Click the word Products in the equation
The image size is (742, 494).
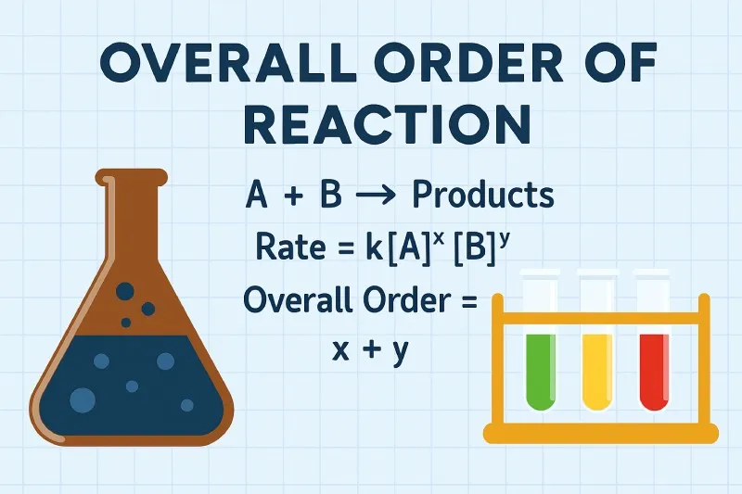[x=482, y=196]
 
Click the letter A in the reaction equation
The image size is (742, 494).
[x=257, y=196]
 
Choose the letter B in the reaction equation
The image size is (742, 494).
[x=330, y=196]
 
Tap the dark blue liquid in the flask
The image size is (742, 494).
[x=130, y=380]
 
